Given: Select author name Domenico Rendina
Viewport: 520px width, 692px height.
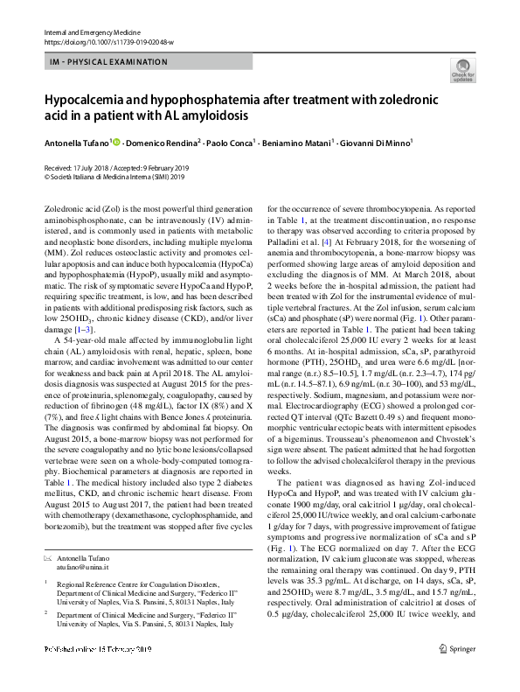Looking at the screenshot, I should pyautogui.click(x=162, y=143).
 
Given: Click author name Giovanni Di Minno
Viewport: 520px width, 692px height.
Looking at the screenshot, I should pyautogui.click(x=377, y=143).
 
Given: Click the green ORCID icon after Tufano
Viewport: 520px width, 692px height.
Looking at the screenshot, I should pyautogui.click(x=117, y=142).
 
